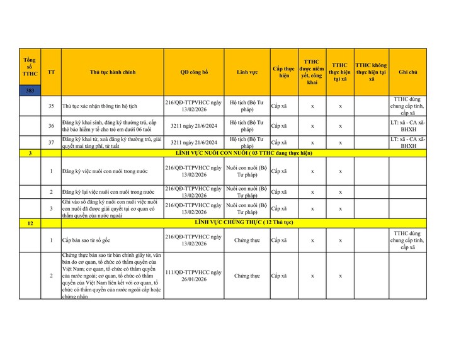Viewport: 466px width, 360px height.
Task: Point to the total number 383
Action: [x=30, y=91]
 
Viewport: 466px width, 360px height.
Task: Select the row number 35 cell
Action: [x=51, y=106]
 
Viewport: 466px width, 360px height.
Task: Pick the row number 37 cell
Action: [x=51, y=142]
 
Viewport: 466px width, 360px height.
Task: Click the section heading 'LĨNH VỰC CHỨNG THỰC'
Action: [x=244, y=223]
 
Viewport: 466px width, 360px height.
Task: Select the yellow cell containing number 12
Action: [x=30, y=223]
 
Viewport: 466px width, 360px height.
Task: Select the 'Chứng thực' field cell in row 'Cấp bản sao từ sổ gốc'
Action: [x=247, y=240]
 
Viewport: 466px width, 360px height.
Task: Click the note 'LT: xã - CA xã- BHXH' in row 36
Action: [x=408, y=125]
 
